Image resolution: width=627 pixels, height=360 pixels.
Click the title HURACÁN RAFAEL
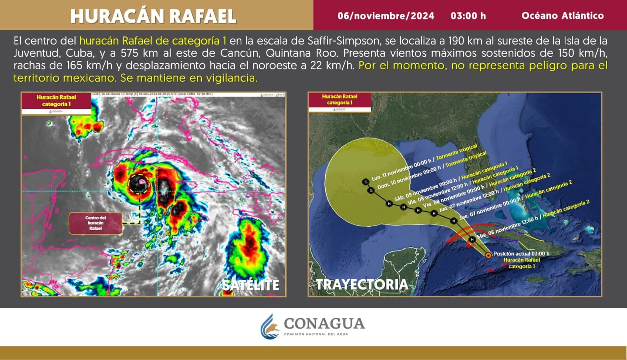(153, 16)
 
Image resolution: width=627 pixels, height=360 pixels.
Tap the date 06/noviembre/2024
(386, 16)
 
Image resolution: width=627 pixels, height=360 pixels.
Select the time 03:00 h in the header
(468, 16)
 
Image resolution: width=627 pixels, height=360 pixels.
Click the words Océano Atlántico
(562, 16)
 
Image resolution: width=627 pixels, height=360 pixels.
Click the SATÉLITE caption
(251, 285)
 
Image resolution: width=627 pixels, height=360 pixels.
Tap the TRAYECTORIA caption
(361, 284)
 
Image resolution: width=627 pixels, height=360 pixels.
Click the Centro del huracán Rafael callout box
(95, 223)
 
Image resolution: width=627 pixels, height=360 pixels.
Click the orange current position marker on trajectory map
(488, 255)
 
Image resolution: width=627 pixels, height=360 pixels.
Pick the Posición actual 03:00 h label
(521, 254)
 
